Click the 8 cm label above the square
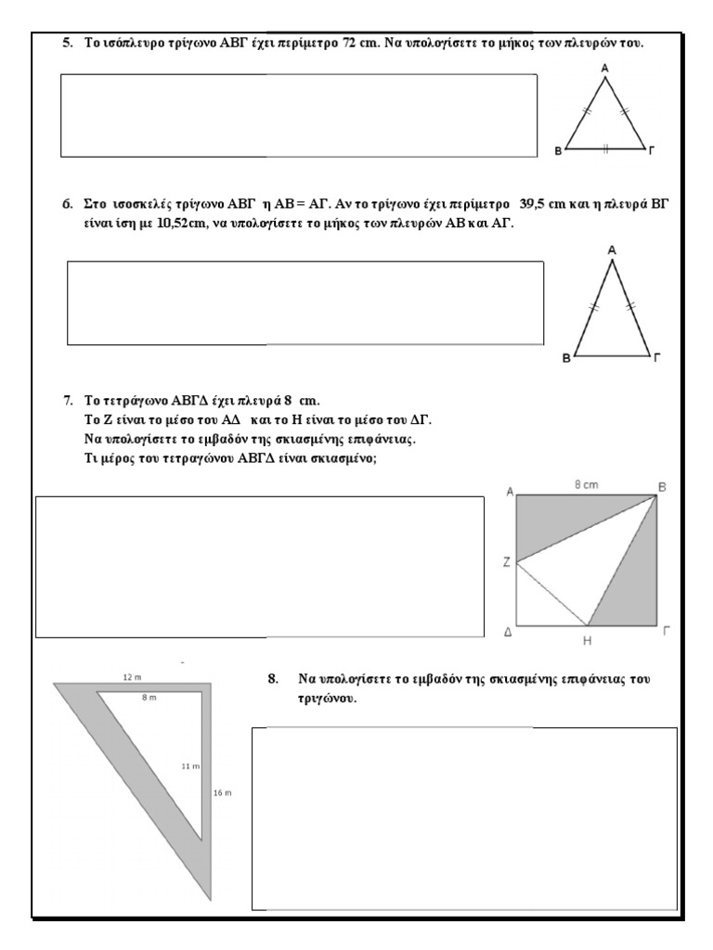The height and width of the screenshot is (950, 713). click(x=586, y=484)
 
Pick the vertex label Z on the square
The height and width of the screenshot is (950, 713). click(x=507, y=562)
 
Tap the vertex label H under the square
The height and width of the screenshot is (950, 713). click(x=588, y=640)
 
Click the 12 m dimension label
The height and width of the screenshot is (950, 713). click(x=132, y=677)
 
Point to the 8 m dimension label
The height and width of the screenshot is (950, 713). click(x=149, y=697)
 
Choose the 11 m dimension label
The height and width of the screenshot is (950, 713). click(x=189, y=766)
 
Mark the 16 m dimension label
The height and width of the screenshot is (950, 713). click(x=222, y=793)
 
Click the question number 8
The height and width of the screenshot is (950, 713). click(x=273, y=679)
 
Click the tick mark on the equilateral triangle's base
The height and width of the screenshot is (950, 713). click(x=605, y=148)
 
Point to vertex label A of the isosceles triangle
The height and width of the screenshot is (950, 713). click(x=612, y=250)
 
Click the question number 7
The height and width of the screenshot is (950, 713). click(x=68, y=401)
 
